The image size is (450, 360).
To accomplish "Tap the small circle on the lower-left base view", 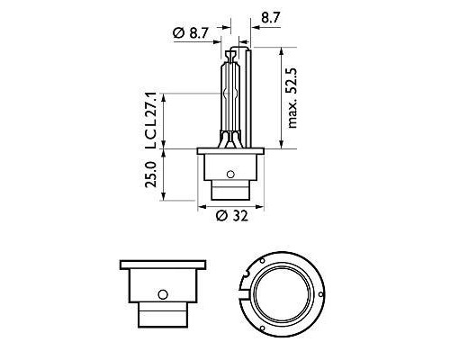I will (162, 292).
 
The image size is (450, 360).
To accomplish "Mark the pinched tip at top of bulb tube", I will (231, 56).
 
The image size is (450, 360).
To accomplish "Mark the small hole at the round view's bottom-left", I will (255, 323).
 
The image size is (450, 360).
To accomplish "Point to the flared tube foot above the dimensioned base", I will (231, 140).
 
